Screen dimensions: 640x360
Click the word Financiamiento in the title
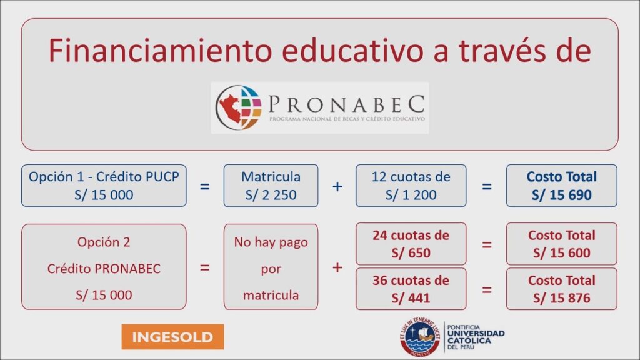[160, 51]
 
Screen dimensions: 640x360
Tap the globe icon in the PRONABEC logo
[239, 107]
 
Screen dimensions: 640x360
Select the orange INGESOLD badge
[172, 337]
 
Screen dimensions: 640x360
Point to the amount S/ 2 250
[271, 195]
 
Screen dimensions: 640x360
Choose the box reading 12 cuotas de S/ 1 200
[411, 186]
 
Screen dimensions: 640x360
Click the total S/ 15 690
[562, 195]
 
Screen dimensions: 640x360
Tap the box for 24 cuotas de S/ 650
[411, 244]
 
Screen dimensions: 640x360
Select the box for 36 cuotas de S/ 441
[411, 289]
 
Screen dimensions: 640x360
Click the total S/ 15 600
[562, 253]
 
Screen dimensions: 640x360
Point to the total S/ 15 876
[562, 298]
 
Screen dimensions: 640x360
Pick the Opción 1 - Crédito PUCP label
[104, 177]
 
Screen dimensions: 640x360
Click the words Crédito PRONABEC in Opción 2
[104, 269]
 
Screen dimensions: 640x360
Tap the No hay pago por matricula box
[271, 267]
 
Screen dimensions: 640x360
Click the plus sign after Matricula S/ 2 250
[337, 186]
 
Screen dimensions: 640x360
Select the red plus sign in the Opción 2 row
[337, 267]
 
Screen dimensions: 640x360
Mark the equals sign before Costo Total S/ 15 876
[486, 290]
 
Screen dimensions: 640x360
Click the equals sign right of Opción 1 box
[204, 186]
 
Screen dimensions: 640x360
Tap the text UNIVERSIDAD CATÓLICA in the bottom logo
[476, 337]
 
